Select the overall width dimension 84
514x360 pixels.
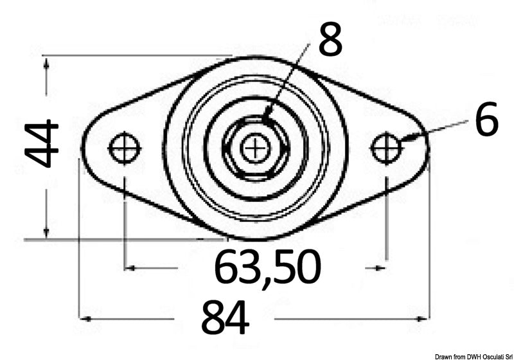pyautogui.click(x=225, y=317)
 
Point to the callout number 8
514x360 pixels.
pyautogui.click(x=330, y=40)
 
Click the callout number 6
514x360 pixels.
pyautogui.click(x=486, y=120)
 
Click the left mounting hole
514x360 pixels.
pyautogui.click(x=125, y=148)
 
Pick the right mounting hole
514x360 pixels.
pyautogui.click(x=387, y=148)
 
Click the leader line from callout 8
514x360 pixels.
pyautogui.click(x=289, y=84)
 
